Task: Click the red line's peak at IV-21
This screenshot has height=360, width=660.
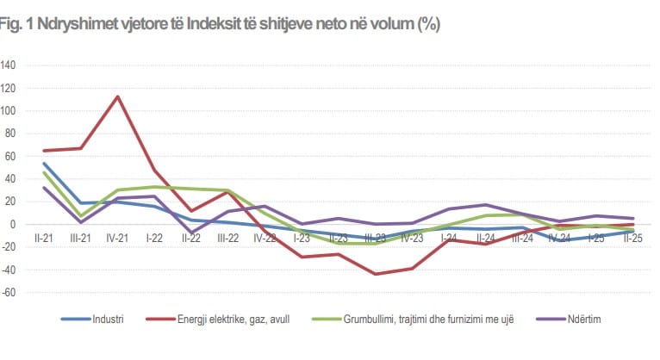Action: pos(117,96)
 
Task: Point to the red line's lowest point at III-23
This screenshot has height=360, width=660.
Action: pos(376,274)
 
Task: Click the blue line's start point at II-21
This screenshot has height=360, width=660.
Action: pos(44,164)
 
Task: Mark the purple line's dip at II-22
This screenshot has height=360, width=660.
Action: pos(191,232)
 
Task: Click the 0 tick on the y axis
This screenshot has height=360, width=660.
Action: pos(13,224)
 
